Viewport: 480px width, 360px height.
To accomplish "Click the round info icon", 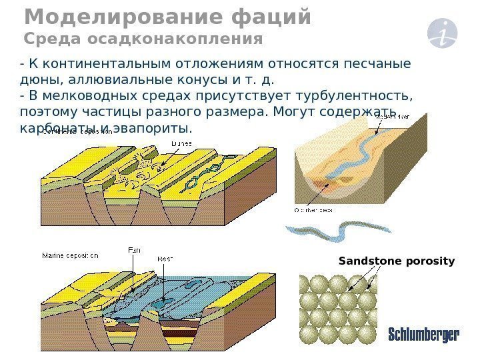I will [x=444, y=33].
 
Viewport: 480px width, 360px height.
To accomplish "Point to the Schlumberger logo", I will [x=423, y=335].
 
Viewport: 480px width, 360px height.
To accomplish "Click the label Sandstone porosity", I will [x=397, y=261].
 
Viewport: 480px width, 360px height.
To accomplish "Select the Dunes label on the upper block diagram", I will [x=181, y=143].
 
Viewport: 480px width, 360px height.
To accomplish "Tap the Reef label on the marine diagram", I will [x=165, y=258].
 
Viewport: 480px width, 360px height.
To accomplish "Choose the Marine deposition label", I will [x=70, y=255].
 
